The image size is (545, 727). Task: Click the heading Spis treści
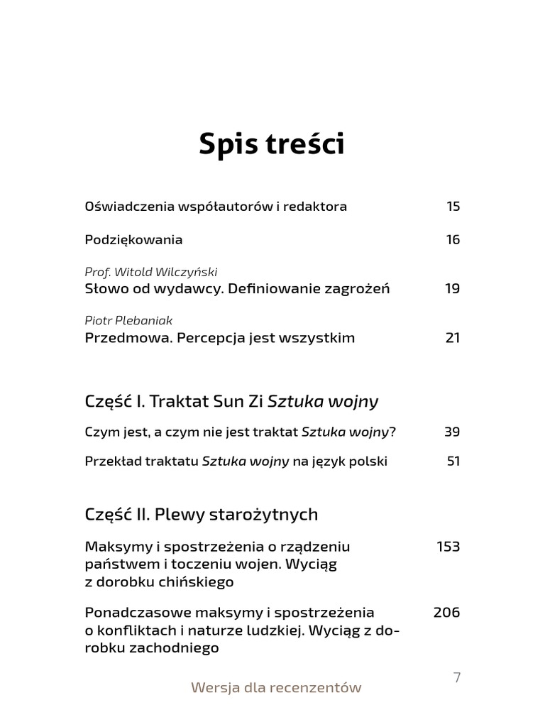coord(272,144)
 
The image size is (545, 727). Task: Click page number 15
coord(453,207)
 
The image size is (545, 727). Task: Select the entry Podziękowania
coord(133,240)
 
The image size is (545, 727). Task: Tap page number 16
coord(453,239)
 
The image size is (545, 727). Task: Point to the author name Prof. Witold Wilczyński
coord(150,272)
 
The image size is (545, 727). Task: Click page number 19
coord(453,288)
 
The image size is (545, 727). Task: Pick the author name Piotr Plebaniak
coord(128,321)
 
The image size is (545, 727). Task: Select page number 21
coord(453,337)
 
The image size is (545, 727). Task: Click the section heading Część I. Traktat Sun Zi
coord(174,402)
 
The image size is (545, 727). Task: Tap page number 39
coord(452,432)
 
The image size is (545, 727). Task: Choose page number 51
coord(453,461)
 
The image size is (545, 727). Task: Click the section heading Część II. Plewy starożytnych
coord(201,514)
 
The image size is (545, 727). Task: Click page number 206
coord(446,612)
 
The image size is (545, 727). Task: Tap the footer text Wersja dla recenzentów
coord(276,687)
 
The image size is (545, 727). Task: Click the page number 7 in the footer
coord(457,677)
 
